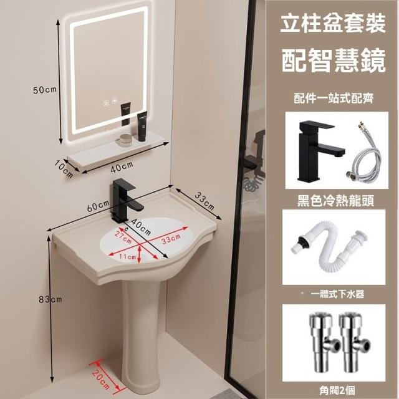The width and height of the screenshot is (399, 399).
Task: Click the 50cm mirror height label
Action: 44,90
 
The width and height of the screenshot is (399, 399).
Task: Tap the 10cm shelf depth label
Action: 64,169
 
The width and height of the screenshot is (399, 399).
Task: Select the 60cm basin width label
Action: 98,206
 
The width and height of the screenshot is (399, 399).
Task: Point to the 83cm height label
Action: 50,299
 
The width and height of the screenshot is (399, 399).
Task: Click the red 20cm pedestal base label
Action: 101,378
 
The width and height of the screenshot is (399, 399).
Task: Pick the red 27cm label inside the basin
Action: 123,237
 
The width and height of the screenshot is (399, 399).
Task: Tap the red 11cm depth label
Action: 127,256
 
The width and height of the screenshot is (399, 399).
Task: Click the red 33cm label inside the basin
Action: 171,239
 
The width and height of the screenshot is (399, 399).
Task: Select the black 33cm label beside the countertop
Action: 204,201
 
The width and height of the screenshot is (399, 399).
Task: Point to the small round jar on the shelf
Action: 125,140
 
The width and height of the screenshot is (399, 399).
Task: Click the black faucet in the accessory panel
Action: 321,151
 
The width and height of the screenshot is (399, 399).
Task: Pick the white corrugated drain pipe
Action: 330,249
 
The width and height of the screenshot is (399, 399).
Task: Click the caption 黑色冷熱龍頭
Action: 335,200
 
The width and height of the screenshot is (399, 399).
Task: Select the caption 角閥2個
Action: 337,390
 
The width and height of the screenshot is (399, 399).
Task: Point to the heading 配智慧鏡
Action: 334,60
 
